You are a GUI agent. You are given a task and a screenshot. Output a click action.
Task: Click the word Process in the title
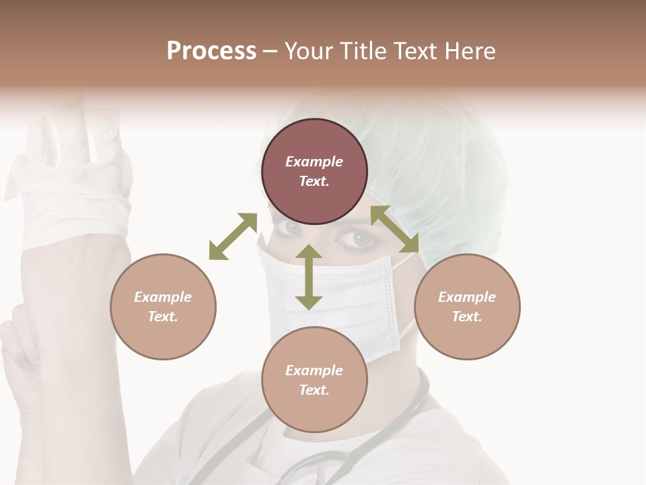point(211,51)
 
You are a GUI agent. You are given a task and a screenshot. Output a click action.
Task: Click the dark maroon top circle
point(314,171)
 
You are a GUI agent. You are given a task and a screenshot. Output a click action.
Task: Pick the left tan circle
point(163,306)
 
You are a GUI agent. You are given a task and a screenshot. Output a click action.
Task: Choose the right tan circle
point(467,306)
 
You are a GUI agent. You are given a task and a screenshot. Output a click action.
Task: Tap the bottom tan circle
point(314,380)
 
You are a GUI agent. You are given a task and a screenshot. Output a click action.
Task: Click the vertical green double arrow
point(309,277)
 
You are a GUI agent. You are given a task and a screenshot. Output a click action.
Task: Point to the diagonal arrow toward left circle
point(233,236)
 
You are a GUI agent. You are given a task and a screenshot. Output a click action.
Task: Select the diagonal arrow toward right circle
point(395,229)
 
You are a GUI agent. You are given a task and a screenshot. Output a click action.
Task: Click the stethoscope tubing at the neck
point(410,411)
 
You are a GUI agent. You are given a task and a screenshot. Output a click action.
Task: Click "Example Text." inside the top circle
point(314,171)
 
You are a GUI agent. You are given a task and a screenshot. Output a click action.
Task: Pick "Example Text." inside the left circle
point(163,306)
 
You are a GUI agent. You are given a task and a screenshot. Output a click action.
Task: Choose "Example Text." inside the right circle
point(467,306)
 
